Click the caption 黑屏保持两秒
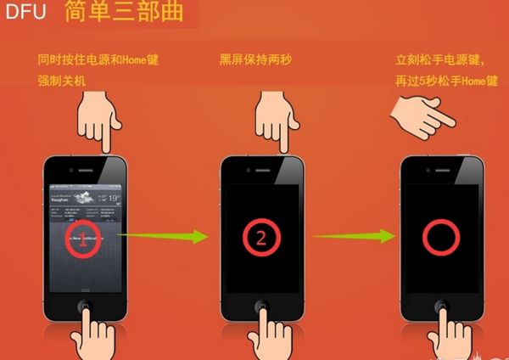coord(255,60)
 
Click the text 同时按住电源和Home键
coord(98,60)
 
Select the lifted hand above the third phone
coord(424,115)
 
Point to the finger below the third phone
coord(445,331)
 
